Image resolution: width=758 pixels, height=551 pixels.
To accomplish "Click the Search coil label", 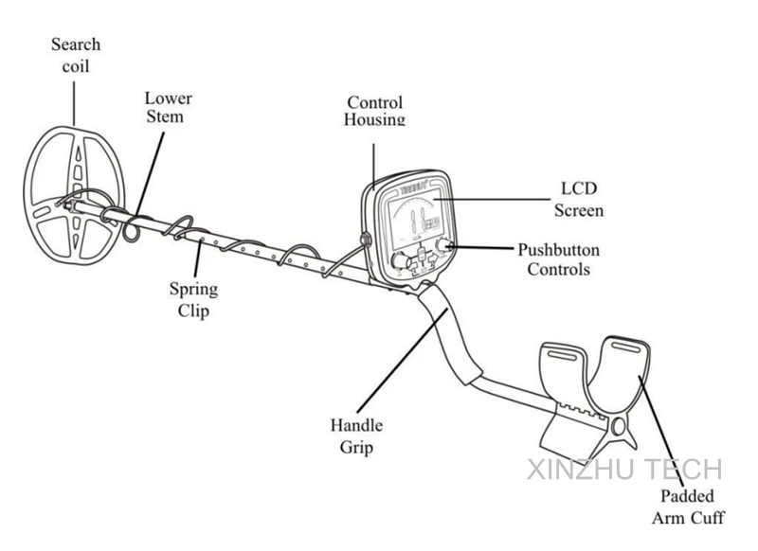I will [75, 55].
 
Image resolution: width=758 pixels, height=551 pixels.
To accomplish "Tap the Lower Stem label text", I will [168, 107].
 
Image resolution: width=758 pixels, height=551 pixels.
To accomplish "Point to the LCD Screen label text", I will [578, 200].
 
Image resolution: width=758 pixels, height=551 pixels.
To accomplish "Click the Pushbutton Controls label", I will [558, 259].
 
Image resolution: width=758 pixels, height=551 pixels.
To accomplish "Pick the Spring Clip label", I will [193, 298].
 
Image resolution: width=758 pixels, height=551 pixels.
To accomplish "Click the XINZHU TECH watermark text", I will [623, 470].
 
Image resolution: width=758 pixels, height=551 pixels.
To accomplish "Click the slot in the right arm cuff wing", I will [628, 347].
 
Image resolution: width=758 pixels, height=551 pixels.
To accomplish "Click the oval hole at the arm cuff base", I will [620, 428].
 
